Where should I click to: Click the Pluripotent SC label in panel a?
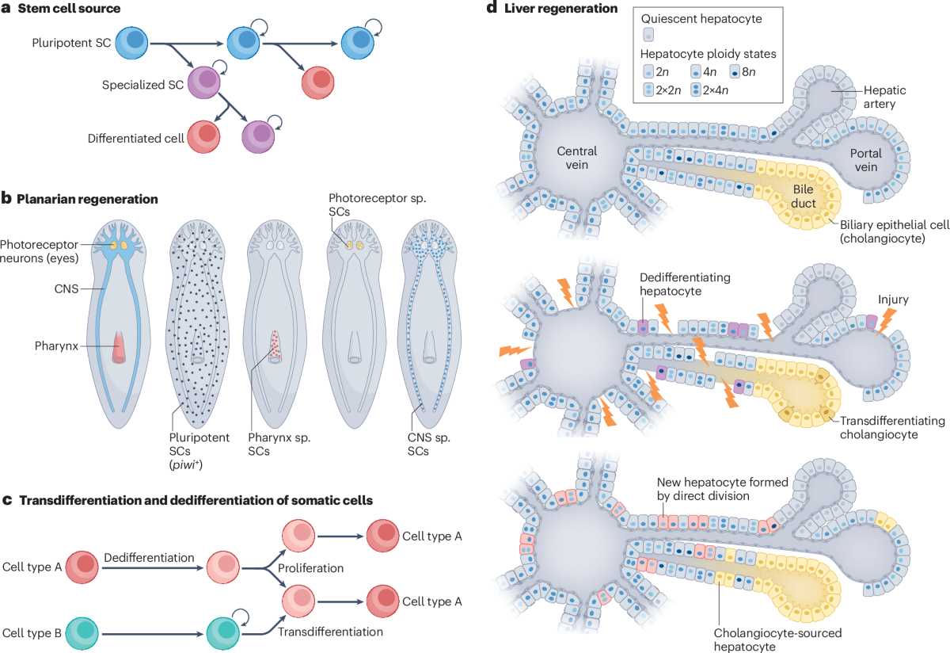(x=71, y=43)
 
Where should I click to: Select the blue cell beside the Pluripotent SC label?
(x=132, y=43)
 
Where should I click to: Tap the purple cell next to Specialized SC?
(x=204, y=82)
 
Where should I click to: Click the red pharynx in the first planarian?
(x=120, y=347)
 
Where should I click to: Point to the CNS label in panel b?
(x=66, y=288)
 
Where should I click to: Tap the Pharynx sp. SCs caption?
(x=279, y=444)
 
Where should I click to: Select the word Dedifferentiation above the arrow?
(x=149, y=557)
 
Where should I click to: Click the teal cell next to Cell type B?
(x=82, y=633)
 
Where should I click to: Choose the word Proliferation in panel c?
(x=310, y=568)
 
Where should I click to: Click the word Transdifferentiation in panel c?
(x=330, y=632)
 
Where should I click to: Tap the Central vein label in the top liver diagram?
(x=577, y=158)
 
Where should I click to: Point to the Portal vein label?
(x=865, y=160)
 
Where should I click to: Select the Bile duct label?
(x=804, y=197)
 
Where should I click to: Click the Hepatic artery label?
(x=885, y=97)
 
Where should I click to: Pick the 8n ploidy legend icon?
(x=735, y=72)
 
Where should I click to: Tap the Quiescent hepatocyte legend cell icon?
(x=648, y=34)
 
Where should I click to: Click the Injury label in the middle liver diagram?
(x=893, y=300)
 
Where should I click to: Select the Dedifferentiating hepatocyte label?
(x=685, y=284)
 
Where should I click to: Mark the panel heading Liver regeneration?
(x=560, y=9)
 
